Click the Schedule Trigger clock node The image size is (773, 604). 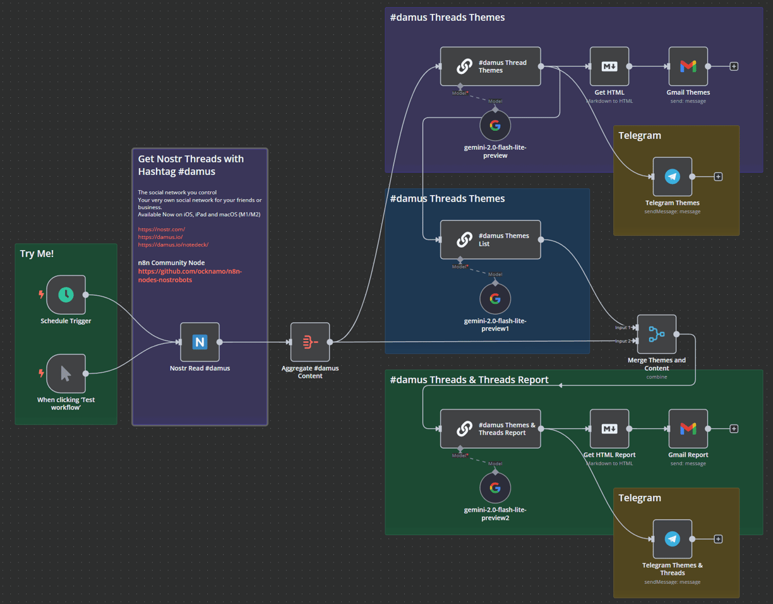point(66,294)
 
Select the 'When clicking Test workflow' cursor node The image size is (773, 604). point(66,373)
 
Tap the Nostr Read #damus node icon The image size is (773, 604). point(200,342)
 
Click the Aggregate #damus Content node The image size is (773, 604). point(310,342)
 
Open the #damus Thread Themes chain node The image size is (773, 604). point(491,66)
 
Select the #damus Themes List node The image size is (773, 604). point(491,239)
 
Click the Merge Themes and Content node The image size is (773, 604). point(657,334)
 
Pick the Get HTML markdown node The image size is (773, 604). point(609,66)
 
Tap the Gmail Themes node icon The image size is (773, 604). point(688,66)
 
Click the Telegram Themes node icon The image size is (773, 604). point(673,176)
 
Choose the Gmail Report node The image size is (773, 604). point(688,428)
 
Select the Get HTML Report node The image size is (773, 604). point(609,428)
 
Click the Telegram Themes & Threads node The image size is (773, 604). point(673,539)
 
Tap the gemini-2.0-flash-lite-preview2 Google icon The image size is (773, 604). point(495,488)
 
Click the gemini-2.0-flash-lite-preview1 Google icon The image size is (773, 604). point(495,299)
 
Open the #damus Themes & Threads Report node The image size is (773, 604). point(491,428)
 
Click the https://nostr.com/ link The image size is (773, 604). point(162,229)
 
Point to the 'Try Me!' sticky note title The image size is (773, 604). point(37,253)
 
